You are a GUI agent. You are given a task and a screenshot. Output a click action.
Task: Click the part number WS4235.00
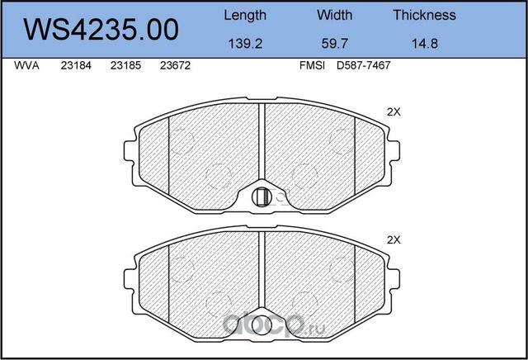[x=101, y=30]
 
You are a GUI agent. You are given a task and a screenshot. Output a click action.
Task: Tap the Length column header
[x=245, y=16]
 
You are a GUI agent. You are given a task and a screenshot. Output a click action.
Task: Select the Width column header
[x=334, y=15]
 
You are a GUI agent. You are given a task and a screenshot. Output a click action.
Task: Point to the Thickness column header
[x=425, y=15]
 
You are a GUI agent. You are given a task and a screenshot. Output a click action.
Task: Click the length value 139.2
[x=245, y=44]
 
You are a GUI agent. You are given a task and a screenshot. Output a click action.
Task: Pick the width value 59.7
[x=334, y=44]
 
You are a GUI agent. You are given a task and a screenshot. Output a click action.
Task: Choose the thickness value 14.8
[x=425, y=44]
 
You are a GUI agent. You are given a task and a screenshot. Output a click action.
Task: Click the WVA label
[x=26, y=65]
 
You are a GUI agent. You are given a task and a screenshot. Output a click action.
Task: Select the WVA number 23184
[x=76, y=65]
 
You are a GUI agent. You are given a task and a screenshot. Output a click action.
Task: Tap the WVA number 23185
[x=125, y=65]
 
